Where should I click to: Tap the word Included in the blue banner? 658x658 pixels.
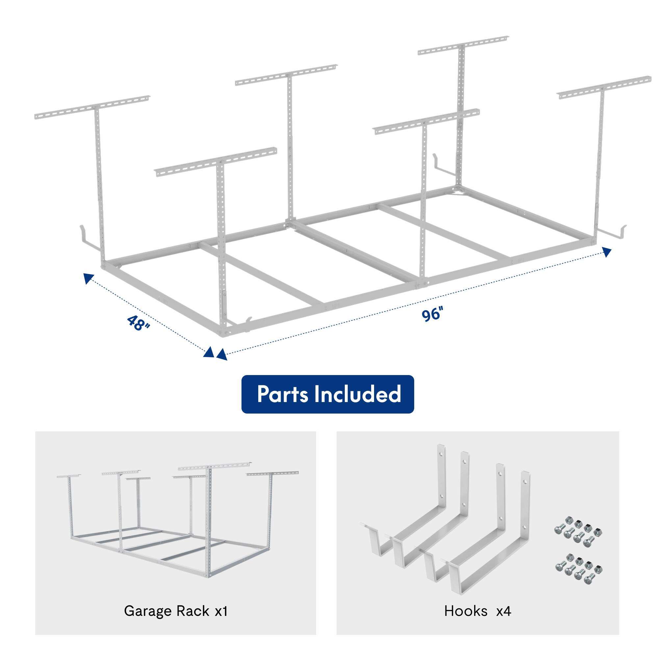(357, 394)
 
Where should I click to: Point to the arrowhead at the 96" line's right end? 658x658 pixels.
(607, 252)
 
